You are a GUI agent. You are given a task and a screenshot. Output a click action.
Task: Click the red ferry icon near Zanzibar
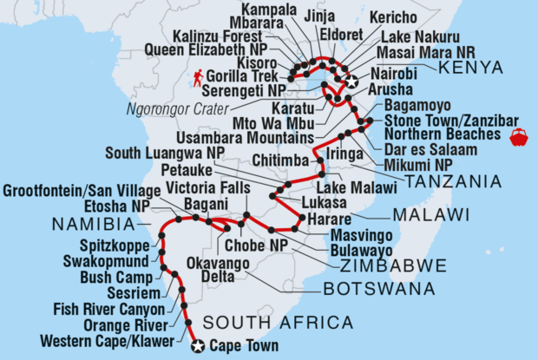point(520,136)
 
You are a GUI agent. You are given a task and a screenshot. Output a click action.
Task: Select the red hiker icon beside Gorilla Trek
point(200,78)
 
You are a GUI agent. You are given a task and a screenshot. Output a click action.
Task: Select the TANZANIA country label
point(452,181)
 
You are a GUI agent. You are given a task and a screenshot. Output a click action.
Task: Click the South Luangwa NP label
point(160,153)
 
